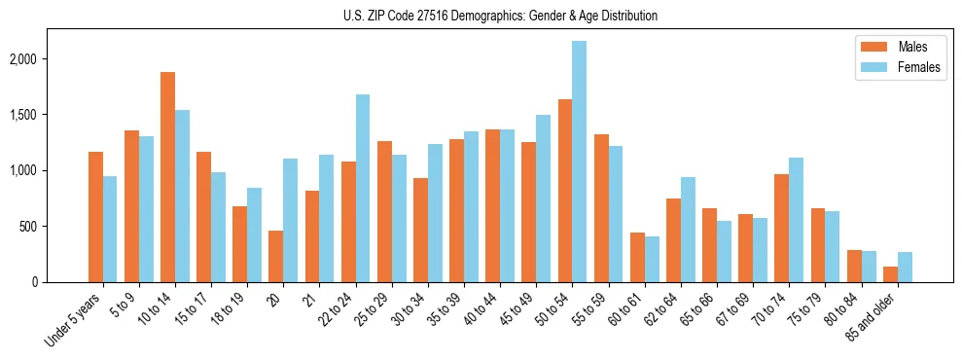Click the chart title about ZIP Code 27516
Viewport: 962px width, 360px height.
pyautogui.click(x=500, y=16)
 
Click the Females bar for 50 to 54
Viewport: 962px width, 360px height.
pyautogui.click(x=579, y=162)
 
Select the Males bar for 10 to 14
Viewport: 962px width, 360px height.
pyautogui.click(x=167, y=177)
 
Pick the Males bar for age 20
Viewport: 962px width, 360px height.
pyautogui.click(x=275, y=257)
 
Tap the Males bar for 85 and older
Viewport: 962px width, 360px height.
pyautogui.click(x=890, y=274)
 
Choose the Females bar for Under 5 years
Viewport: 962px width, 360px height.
pyautogui.click(x=110, y=230)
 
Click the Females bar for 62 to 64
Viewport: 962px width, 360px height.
pyautogui.click(x=688, y=230)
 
